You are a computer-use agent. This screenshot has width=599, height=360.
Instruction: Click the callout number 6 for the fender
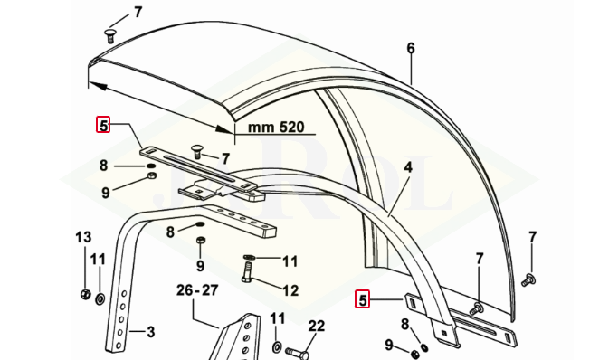click(411, 48)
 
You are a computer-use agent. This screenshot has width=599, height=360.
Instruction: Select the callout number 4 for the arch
click(408, 167)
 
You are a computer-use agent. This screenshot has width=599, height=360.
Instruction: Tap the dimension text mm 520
click(276, 127)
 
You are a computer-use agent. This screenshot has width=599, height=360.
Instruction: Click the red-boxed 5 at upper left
click(103, 125)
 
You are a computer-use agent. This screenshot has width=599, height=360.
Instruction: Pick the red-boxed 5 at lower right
click(363, 299)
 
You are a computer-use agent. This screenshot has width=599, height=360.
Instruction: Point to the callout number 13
click(83, 237)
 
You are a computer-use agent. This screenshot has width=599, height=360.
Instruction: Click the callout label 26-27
click(197, 290)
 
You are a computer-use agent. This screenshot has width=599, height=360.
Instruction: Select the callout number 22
click(317, 326)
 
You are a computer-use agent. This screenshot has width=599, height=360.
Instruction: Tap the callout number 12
click(290, 290)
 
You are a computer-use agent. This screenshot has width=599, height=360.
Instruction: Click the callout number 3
click(151, 332)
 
